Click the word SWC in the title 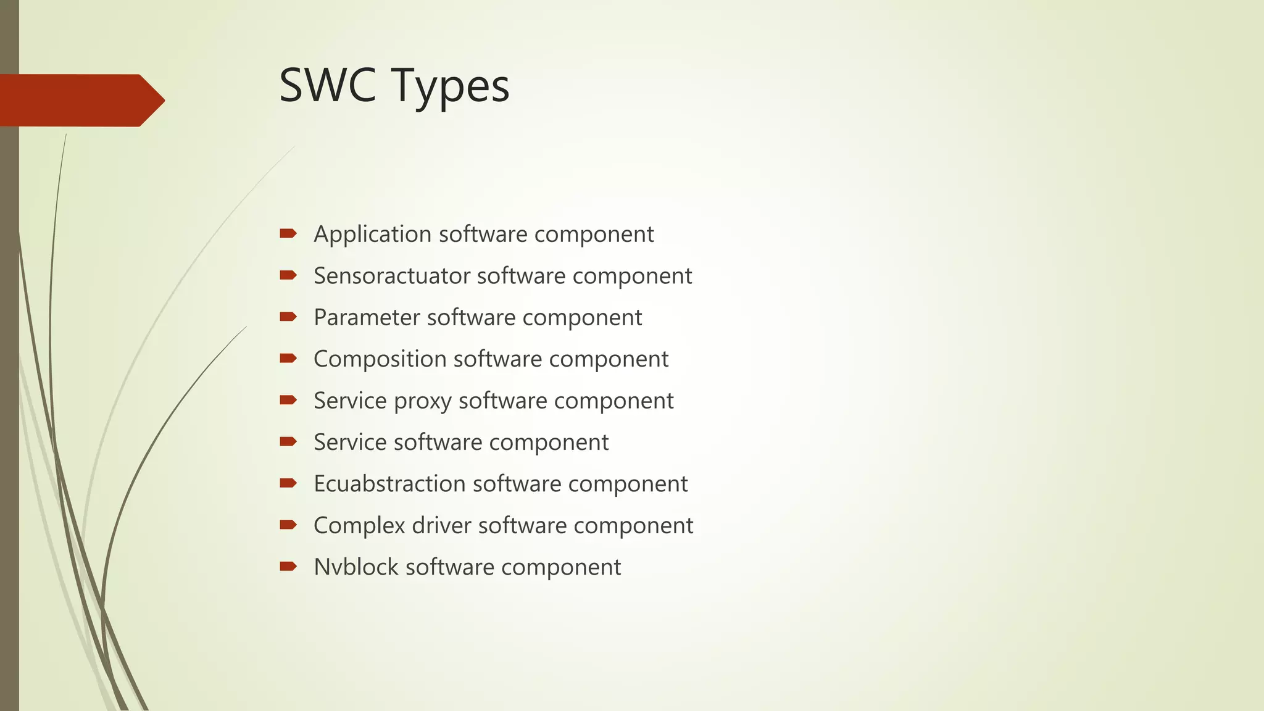[x=327, y=85]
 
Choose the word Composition [x=380, y=359]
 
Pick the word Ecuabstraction [x=389, y=484]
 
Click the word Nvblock [x=355, y=567]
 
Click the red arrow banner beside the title [x=80, y=100]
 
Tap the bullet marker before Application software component [x=288, y=233]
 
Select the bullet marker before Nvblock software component [x=288, y=566]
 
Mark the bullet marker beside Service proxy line [x=288, y=400]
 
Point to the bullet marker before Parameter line [x=288, y=317]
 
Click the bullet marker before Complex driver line [x=288, y=525]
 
